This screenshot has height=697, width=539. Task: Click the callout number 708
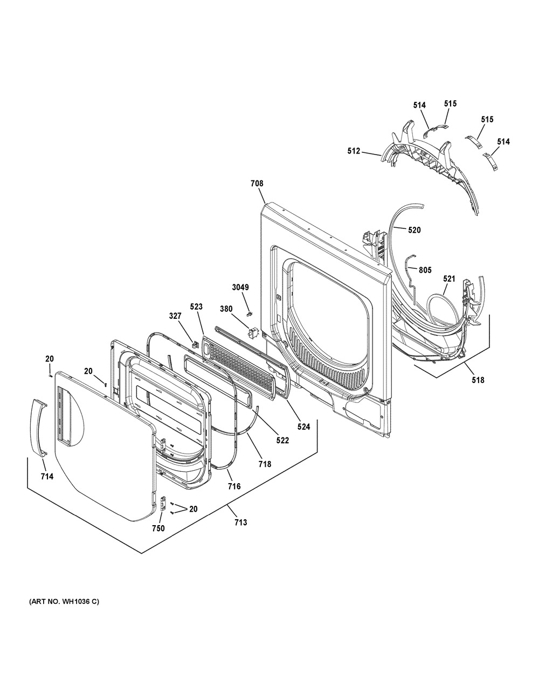pyautogui.click(x=257, y=184)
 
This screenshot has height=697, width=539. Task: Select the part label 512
pyautogui.click(x=354, y=151)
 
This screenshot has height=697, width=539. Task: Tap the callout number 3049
pyautogui.click(x=240, y=287)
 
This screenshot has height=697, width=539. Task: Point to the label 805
pyautogui.click(x=425, y=270)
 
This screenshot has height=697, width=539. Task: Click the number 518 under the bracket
pyautogui.click(x=478, y=380)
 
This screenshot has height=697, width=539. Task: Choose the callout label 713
pyautogui.click(x=240, y=522)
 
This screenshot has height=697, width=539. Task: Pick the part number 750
pyautogui.click(x=158, y=528)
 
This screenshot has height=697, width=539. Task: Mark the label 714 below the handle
pyautogui.click(x=47, y=477)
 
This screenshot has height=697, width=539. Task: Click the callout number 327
pyautogui.click(x=175, y=317)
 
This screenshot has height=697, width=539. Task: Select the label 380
pyautogui.click(x=226, y=309)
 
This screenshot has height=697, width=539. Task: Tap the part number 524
pyautogui.click(x=303, y=427)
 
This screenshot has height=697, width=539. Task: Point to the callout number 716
pyautogui.click(x=234, y=486)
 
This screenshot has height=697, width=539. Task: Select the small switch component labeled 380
pyautogui.click(x=253, y=332)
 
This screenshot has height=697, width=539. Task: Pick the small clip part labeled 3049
pyautogui.click(x=248, y=314)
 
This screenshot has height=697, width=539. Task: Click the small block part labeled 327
pyautogui.click(x=194, y=345)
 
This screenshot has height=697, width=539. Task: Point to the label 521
pyautogui.click(x=449, y=278)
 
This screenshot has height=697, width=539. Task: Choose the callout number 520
pyautogui.click(x=414, y=229)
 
